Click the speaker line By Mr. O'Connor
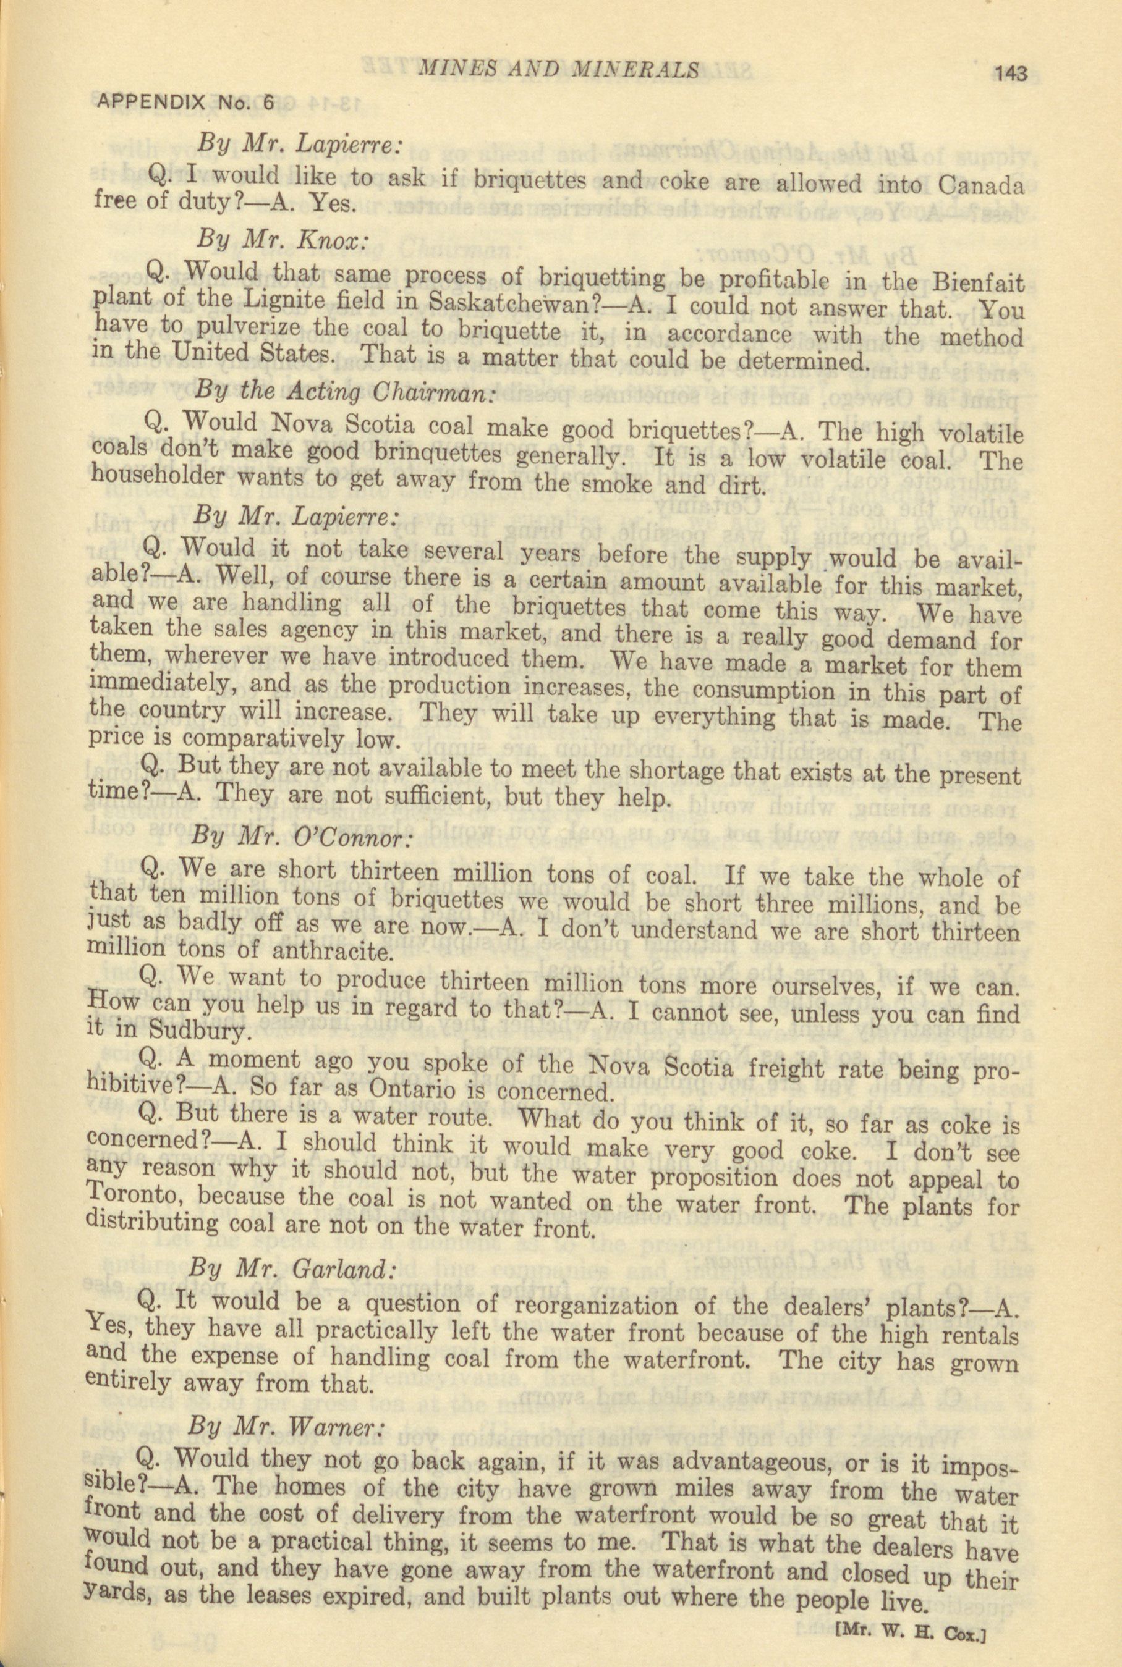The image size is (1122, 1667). (301, 836)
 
